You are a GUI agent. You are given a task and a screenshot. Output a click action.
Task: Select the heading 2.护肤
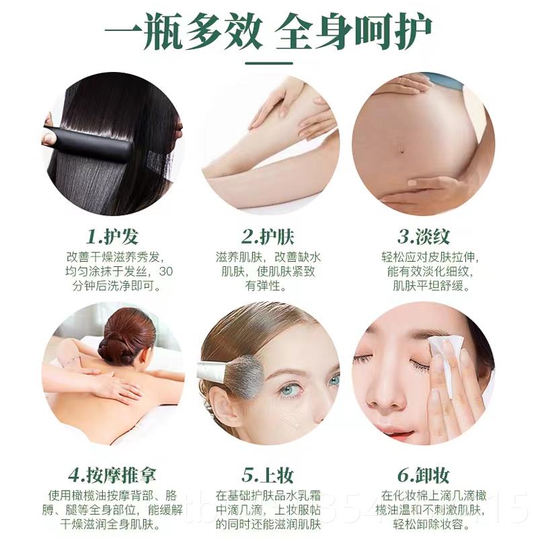tap(268, 237)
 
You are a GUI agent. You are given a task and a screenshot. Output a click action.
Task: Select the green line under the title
tap(269, 62)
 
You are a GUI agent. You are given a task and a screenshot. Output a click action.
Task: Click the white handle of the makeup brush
tap(212, 370)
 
